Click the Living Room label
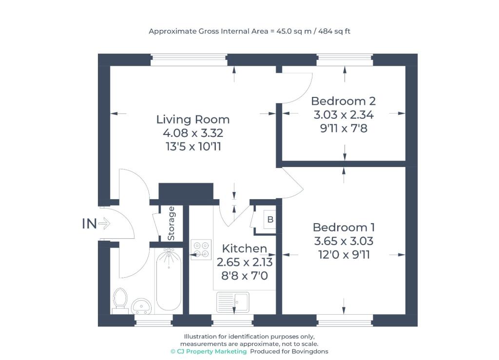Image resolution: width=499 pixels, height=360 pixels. (193, 119)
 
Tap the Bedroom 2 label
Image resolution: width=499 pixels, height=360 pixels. (344, 101)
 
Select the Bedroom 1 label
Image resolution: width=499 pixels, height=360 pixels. (344, 227)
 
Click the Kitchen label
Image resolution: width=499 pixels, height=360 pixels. (245, 248)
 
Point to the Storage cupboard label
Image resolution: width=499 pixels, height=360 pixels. (171, 223)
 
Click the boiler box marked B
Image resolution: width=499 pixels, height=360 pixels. (270, 219)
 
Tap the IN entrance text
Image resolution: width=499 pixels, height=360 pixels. (90, 224)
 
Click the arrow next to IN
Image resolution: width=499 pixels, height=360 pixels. (104, 223)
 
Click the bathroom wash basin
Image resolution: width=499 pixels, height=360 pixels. (141, 306)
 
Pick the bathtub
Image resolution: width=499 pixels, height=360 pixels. (169, 280)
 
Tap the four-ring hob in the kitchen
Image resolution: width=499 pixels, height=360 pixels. (201, 249)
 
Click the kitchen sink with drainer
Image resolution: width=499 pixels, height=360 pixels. (233, 302)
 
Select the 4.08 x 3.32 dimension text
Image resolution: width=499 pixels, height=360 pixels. (193, 133)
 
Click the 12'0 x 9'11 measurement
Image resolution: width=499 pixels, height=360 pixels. (344, 255)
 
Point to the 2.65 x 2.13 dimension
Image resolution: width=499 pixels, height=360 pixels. (245, 262)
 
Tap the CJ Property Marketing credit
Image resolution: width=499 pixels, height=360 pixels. (209, 351)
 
